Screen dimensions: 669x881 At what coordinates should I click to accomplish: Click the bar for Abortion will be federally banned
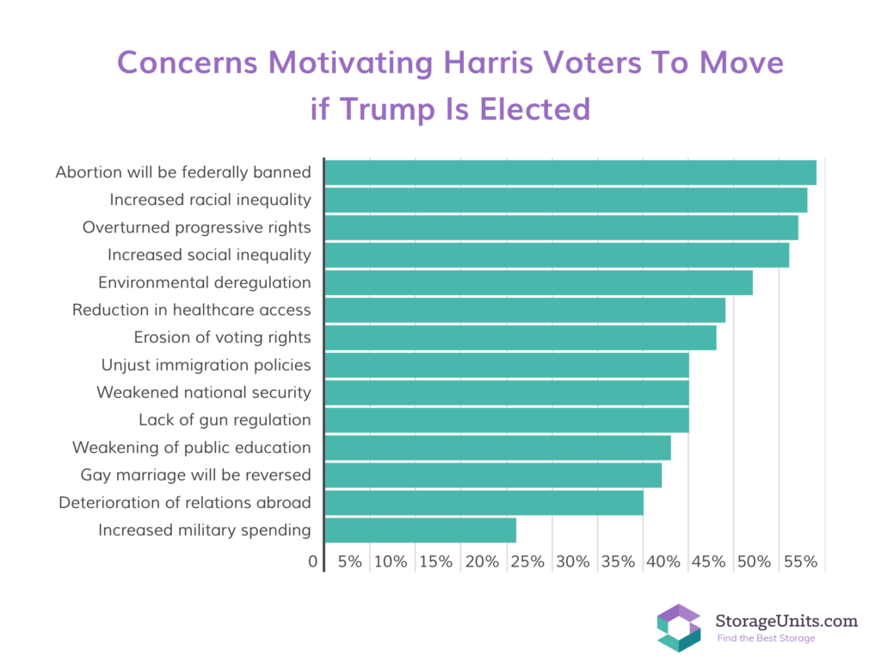tap(570, 172)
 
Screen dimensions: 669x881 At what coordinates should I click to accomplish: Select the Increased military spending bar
tap(420, 530)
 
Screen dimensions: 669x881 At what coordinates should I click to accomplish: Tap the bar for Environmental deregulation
tap(538, 282)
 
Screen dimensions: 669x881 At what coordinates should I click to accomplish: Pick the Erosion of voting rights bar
tap(520, 338)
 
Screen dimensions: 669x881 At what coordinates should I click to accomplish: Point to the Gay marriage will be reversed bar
tap(492, 475)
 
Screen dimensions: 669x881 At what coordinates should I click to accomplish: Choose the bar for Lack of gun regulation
tap(506, 420)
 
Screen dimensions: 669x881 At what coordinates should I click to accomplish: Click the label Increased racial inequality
tap(210, 200)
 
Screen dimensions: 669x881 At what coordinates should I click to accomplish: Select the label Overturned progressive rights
tap(196, 227)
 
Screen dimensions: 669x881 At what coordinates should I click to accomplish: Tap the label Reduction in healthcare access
tap(191, 310)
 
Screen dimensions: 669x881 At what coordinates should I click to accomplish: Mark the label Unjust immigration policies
tap(206, 365)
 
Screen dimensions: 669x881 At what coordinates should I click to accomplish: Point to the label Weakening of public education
tap(191, 448)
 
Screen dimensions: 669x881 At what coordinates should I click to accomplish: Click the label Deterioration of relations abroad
tap(184, 503)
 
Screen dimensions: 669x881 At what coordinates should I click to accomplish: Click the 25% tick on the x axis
tap(527, 562)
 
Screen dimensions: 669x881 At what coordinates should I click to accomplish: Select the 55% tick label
tap(800, 562)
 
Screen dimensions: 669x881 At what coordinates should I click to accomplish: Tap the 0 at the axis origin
tap(312, 562)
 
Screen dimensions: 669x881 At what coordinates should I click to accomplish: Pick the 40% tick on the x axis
tap(663, 562)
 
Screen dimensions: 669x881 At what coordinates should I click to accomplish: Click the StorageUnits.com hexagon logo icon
tap(679, 628)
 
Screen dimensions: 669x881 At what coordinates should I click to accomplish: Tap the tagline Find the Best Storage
tap(766, 638)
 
